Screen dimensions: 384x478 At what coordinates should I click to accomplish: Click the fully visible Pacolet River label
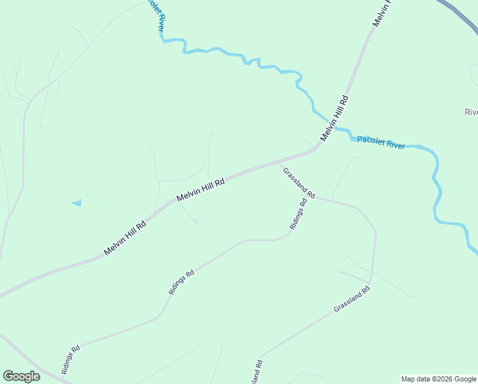pyautogui.click(x=381, y=142)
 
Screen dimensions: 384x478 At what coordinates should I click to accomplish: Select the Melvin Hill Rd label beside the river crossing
pyautogui.click(x=334, y=119)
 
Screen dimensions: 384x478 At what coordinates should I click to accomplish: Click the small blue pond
pyautogui.click(x=77, y=203)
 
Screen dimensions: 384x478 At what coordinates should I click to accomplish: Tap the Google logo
pyautogui.click(x=21, y=376)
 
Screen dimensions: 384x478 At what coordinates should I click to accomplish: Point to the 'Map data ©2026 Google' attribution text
pyautogui.click(x=438, y=379)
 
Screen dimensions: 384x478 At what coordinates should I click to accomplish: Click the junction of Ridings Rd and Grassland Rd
pyautogui.click(x=314, y=197)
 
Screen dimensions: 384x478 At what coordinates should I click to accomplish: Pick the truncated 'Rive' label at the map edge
pyautogui.click(x=471, y=113)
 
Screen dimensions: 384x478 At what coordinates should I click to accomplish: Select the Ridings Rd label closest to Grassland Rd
pyautogui.click(x=298, y=214)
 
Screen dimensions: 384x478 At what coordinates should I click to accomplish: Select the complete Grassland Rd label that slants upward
pyautogui.click(x=351, y=300)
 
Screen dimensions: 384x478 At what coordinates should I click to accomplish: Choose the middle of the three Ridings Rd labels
pyautogui.click(x=181, y=282)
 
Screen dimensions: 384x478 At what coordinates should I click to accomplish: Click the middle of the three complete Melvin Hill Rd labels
pyautogui.click(x=201, y=190)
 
